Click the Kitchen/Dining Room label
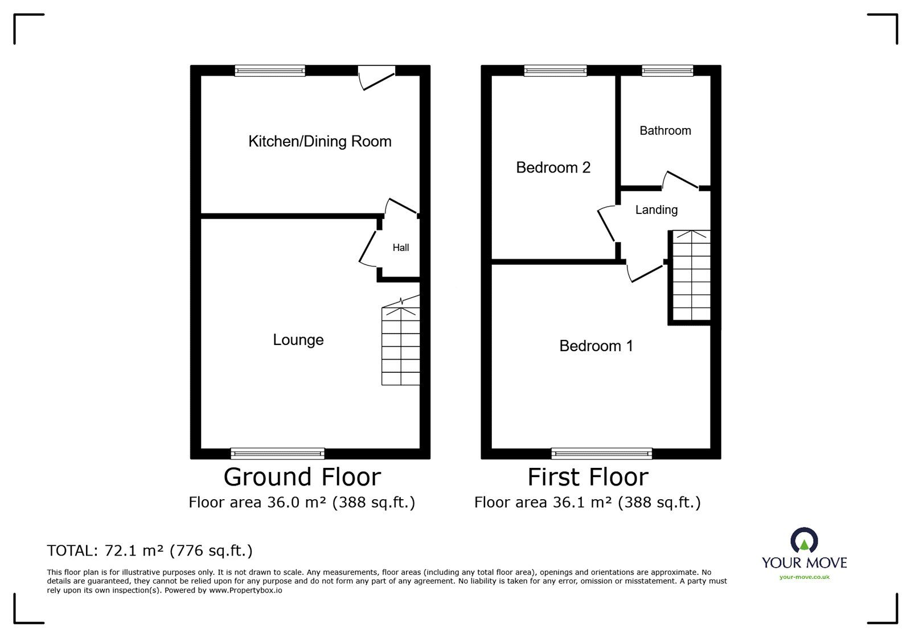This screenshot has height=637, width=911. (319, 141)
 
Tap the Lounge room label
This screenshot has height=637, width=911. (298, 340)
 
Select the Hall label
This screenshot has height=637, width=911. (401, 248)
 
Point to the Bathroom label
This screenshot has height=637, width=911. (665, 131)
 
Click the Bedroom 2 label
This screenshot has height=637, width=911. (553, 167)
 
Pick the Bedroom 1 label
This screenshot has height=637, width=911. (596, 346)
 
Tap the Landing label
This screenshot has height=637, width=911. (656, 210)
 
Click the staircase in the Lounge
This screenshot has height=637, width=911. (401, 346)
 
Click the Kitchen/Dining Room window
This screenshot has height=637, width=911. (270, 71)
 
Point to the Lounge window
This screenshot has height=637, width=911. (278, 454)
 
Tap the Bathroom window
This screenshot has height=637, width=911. (667, 71)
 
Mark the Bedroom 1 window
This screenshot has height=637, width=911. (602, 454)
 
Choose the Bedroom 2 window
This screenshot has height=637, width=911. (555, 71)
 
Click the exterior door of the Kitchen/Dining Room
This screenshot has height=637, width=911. (376, 77)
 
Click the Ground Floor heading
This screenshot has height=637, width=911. (302, 477)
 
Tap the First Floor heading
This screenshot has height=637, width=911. (588, 477)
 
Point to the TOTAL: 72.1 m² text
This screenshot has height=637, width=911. (150, 550)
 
